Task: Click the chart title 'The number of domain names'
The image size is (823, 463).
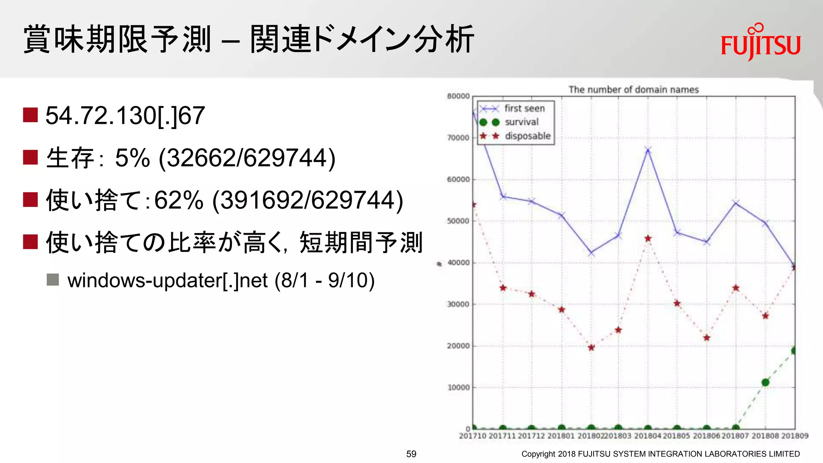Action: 633,90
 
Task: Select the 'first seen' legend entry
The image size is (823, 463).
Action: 524,109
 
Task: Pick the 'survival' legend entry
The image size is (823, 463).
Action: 521,122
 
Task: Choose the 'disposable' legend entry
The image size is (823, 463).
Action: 527,136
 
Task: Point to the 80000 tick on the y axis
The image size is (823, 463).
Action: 458,96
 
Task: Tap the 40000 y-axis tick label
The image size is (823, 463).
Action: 458,263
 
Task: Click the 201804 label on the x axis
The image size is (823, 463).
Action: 647,436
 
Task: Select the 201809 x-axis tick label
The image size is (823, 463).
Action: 794,436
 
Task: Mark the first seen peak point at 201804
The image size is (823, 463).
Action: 648,150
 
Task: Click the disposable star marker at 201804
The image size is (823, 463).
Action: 648,239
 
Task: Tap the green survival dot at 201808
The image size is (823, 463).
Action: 765,382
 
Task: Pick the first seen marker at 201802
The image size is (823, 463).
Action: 591,253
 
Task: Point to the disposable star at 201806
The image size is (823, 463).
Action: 706,338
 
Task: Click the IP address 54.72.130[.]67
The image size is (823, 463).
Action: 125,116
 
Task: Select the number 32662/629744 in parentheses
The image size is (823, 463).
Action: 247,158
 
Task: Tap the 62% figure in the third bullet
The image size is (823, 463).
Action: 179,200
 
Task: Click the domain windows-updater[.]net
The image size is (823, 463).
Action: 167,280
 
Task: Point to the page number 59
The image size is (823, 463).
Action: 411,454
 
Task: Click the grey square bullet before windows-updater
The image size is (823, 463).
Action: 53,279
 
